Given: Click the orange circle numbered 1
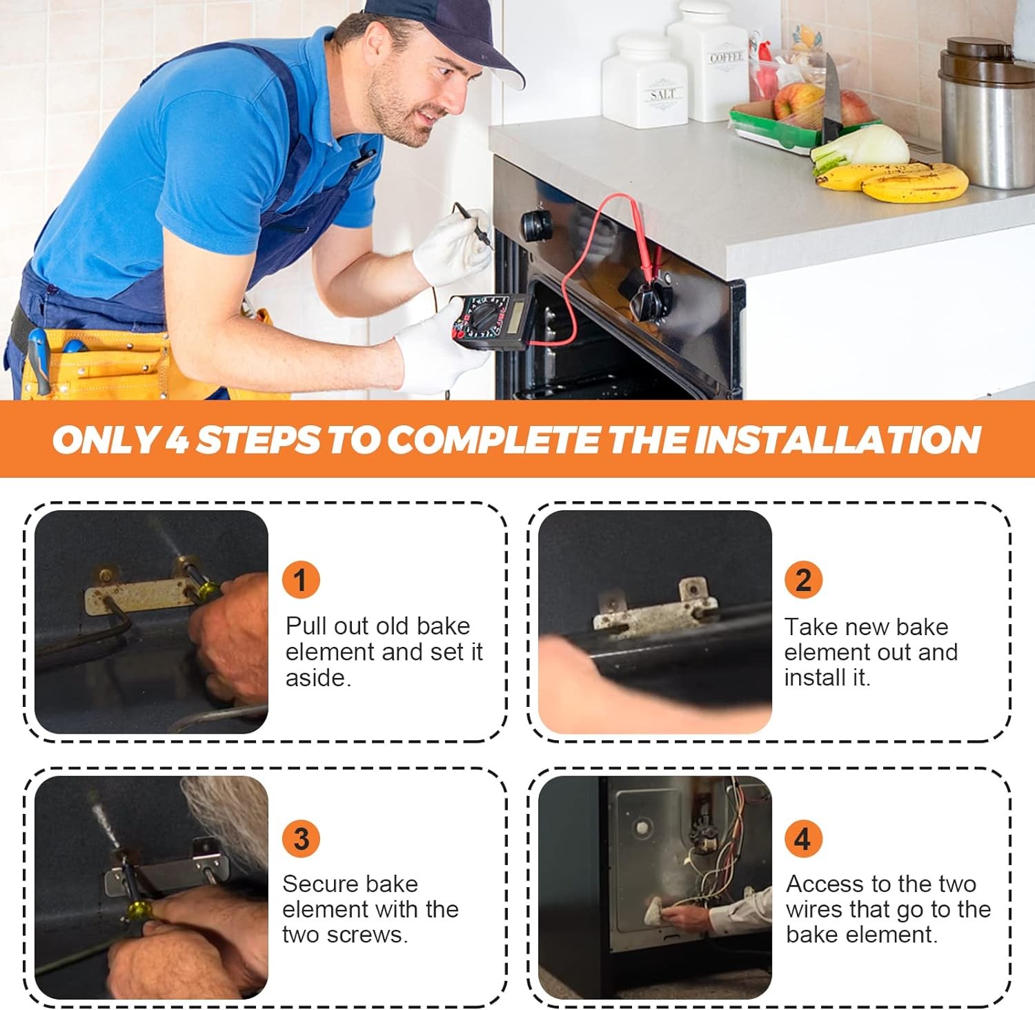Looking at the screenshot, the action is tap(301, 580).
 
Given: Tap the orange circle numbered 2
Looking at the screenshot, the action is tap(803, 580).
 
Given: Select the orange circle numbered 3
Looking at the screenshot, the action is tap(301, 839).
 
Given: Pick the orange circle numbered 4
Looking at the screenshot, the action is tap(803, 839).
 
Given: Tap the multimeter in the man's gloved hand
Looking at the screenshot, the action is tap(491, 321).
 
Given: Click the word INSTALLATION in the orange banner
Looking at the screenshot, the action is tap(837, 439).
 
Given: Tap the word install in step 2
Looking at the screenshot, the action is tap(822, 677).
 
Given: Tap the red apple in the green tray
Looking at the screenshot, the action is tap(798, 102).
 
